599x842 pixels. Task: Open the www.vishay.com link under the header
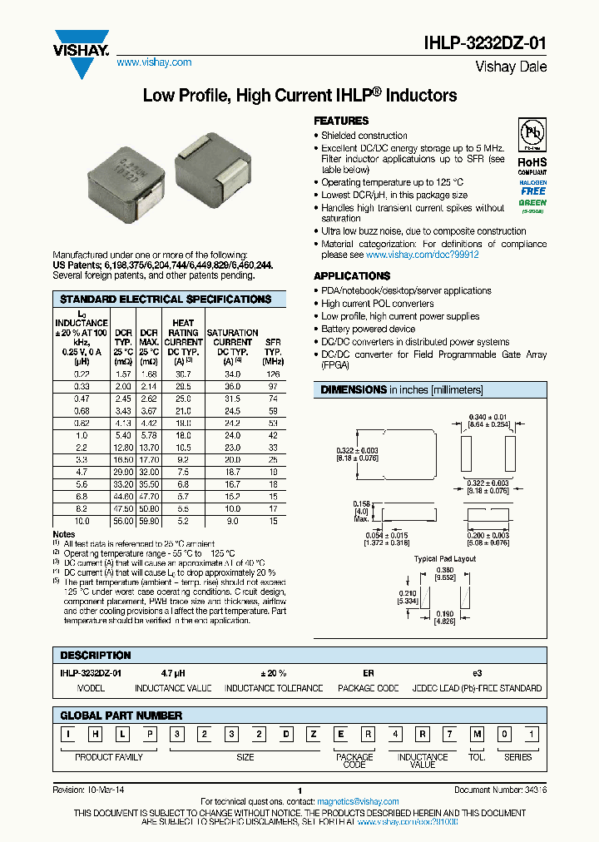point(154,62)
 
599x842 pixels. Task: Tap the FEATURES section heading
point(341,121)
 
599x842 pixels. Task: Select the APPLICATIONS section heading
point(352,275)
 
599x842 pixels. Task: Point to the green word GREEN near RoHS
point(532,202)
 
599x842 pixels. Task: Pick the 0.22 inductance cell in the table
point(81,374)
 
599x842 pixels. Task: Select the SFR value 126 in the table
point(272,374)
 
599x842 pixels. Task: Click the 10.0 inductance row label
point(81,520)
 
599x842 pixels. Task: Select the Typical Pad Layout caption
point(445,559)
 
